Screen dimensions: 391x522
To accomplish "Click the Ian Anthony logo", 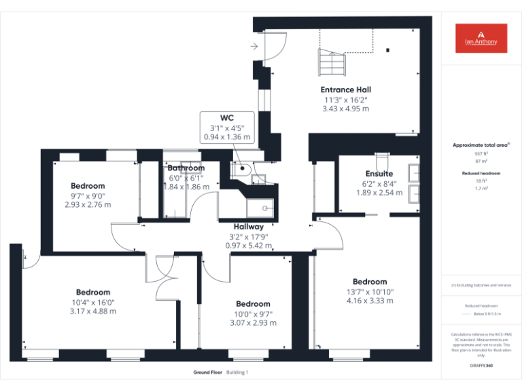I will pos(481,38).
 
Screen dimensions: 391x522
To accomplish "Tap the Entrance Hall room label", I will pos(345,90).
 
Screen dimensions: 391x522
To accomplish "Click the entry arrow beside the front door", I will pos(254,46).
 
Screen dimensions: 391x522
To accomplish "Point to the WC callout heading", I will pos(227,117).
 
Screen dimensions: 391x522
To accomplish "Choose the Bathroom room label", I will pos(186,168).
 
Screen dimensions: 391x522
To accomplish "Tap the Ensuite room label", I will pos(379,174).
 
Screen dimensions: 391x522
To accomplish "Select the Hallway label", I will pos(249,226).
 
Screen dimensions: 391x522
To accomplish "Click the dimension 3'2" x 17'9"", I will pos(249,236).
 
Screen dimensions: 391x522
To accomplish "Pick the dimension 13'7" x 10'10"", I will pos(370,292).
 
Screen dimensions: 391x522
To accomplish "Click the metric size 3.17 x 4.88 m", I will pos(93,312).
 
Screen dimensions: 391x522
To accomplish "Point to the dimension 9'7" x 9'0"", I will pos(88,195).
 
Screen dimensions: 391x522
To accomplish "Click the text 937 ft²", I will pos(481,153).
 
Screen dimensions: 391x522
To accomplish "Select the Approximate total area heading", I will pos(480,145).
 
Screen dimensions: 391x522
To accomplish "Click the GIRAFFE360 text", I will pos(481,367).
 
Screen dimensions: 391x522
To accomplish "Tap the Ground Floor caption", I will pos(207,372).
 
